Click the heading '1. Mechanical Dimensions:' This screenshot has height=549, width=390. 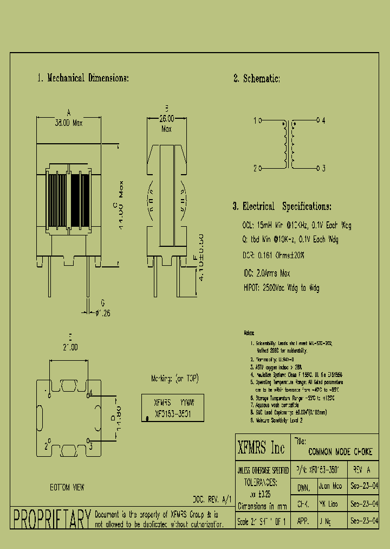point(83,78)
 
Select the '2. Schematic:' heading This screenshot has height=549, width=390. point(256,79)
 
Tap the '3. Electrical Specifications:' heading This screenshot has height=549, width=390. point(282,207)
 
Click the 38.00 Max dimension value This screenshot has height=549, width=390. point(68,123)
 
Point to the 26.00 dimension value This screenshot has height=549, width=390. point(166,118)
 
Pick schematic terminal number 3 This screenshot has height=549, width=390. point(323,168)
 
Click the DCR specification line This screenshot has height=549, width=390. point(273,254)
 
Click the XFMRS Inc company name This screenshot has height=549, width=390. point(261,448)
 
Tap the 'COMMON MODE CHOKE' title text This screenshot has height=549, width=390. point(340,452)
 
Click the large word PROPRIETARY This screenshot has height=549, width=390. point(51,519)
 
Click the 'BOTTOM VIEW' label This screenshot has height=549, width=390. point(67,488)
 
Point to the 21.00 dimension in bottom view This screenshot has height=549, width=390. point(68,346)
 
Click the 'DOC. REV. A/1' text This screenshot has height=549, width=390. point(212,499)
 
